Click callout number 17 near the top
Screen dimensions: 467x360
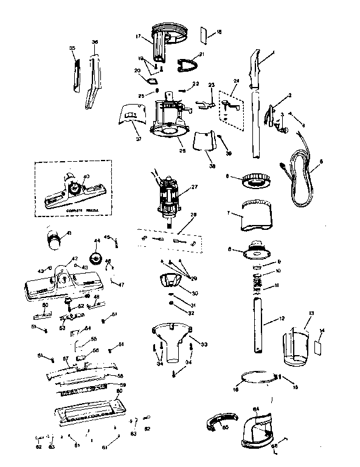139,36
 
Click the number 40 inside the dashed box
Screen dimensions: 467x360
86,176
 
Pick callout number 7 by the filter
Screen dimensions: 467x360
228,214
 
